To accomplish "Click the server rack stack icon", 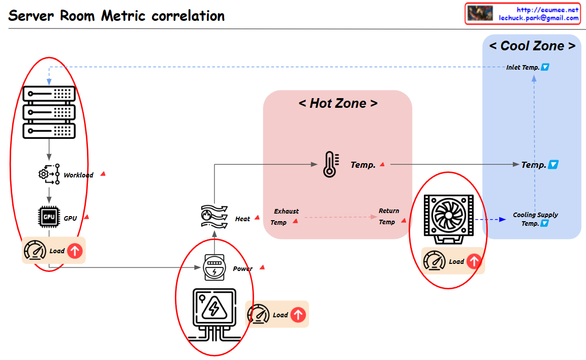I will pyautogui.click(x=49, y=112).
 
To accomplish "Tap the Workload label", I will pyautogui.click(x=78, y=175).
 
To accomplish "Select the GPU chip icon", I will pyautogui.click(x=49, y=217).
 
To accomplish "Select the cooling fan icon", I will pyautogui.click(x=449, y=216).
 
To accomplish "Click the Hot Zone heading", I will pyautogui.click(x=338, y=103).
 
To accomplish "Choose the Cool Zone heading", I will pyautogui.click(x=532, y=46).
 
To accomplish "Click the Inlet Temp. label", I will pyautogui.click(x=522, y=67).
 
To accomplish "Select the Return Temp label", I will pyautogui.click(x=388, y=216).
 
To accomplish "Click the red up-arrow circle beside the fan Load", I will pyautogui.click(x=474, y=261).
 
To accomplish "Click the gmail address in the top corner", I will pyautogui.click(x=539, y=18).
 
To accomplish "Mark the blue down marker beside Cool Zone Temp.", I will pyautogui.click(x=554, y=165).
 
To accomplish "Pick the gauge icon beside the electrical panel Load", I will pyautogui.click(x=258, y=315).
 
